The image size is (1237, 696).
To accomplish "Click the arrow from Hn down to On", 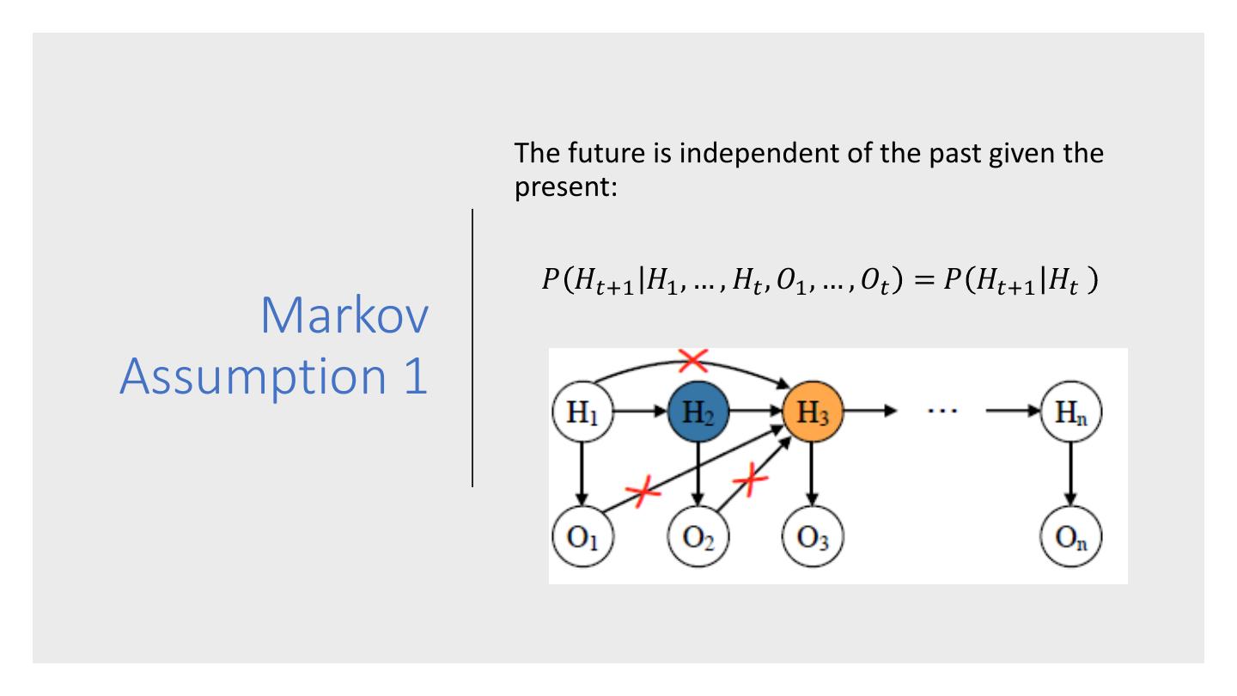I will coord(1070,477).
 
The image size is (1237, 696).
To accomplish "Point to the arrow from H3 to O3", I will coord(812,477).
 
